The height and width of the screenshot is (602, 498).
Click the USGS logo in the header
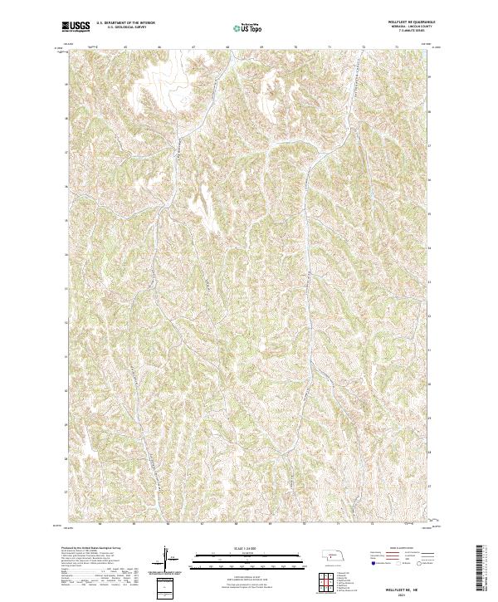76,27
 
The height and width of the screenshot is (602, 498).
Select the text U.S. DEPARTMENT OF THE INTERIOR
125,24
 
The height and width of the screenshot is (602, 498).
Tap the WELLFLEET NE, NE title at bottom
403,584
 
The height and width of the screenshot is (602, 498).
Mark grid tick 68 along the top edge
227,47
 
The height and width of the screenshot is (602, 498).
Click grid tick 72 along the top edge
364,47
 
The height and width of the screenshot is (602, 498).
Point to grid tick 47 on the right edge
429,152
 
